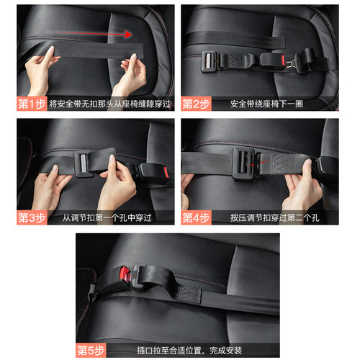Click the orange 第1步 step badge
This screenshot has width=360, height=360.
[32, 103]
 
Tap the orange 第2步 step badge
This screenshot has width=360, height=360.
[195, 103]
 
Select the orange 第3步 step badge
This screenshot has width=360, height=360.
[32, 216]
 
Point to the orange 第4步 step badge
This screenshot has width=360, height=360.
[195, 216]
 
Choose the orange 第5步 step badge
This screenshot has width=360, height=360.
[91, 351]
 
